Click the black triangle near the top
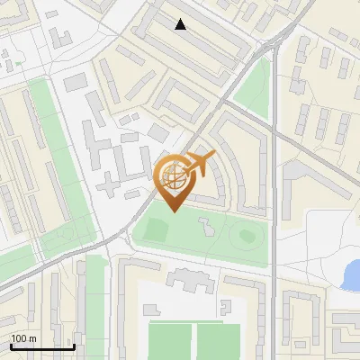point(181,24)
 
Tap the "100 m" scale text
point(23,338)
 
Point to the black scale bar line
point(42,346)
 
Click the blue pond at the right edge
point(350,274)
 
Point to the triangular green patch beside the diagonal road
point(257,85)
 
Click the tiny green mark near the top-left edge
point(17,63)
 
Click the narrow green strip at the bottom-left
point(94,306)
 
